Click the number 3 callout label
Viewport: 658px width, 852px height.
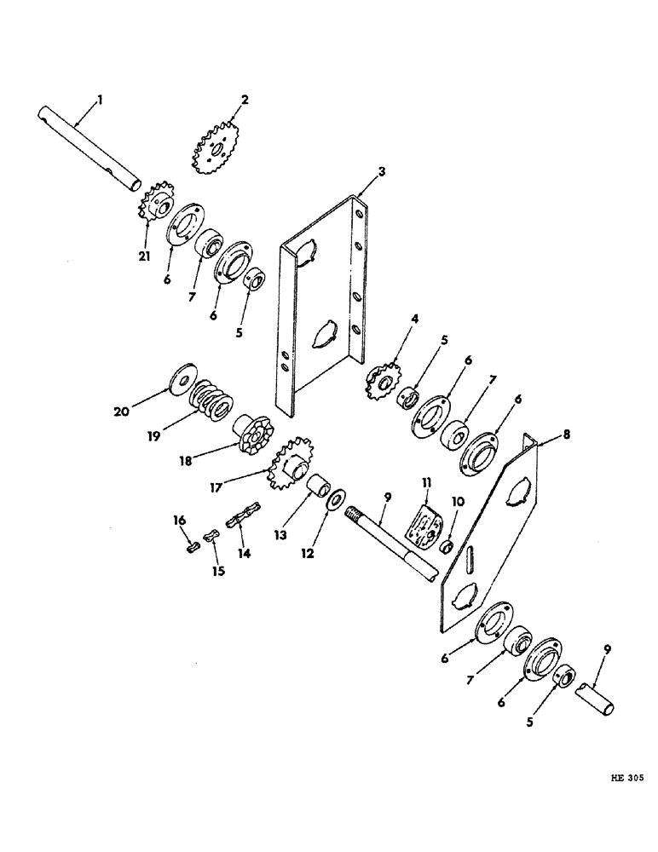click(383, 171)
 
